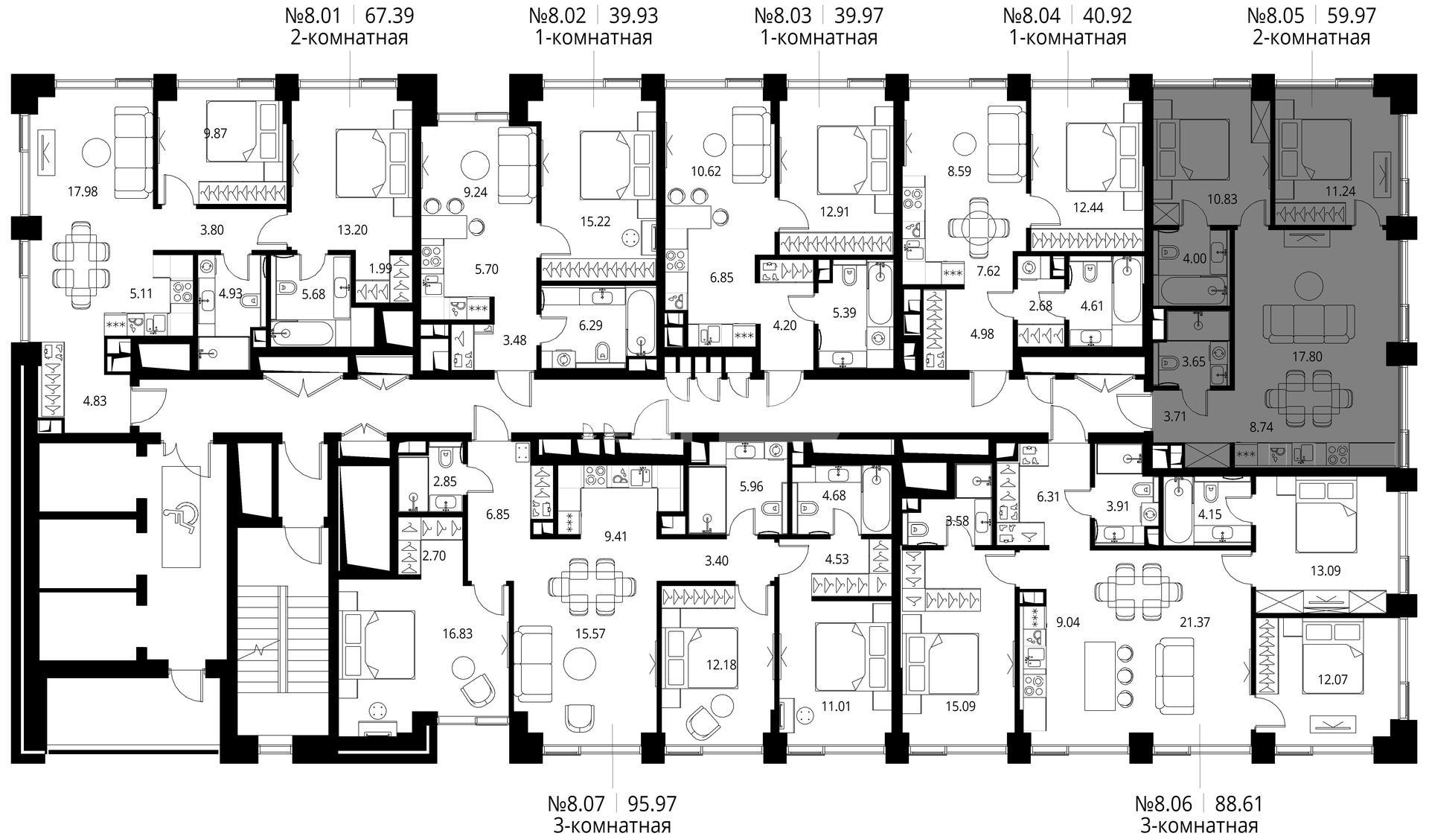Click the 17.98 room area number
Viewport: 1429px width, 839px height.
coord(82,191)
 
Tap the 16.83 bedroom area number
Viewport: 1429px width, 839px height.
coord(457,634)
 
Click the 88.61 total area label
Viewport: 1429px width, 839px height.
coord(1239,804)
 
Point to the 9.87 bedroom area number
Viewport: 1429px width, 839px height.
coord(216,134)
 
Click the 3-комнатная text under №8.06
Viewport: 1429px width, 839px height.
coord(1199,826)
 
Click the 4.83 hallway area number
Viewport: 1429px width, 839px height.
coord(95,401)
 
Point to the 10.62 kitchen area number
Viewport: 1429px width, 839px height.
coord(685,170)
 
